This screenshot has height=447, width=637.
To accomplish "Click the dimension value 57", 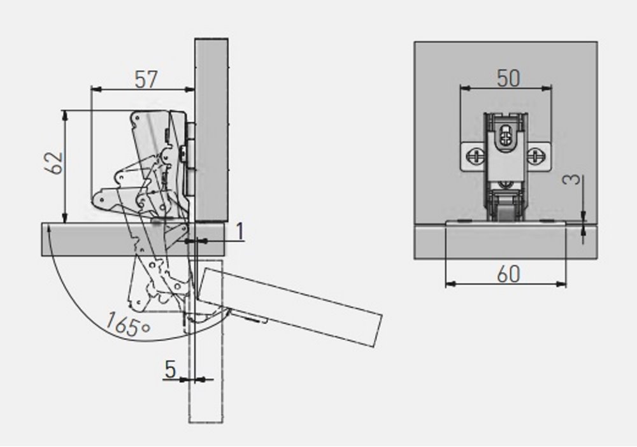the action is (146, 79).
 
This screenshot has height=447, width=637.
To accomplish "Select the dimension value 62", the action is (54, 163).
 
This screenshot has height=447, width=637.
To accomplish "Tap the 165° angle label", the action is (127, 324).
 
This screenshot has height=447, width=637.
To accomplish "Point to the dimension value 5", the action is (171, 369).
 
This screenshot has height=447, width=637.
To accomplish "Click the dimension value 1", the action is (241, 231).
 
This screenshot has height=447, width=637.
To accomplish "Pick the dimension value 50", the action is (508, 78).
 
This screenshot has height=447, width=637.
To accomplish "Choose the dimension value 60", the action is (508, 274).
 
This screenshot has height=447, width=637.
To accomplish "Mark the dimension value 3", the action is (573, 179).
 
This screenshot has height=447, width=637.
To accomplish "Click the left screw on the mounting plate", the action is (475, 156).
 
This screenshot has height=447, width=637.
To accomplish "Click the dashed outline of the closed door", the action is (206, 341).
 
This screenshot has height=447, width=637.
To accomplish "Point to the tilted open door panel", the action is (289, 306).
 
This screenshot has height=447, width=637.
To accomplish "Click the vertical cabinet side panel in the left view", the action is (211, 130).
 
